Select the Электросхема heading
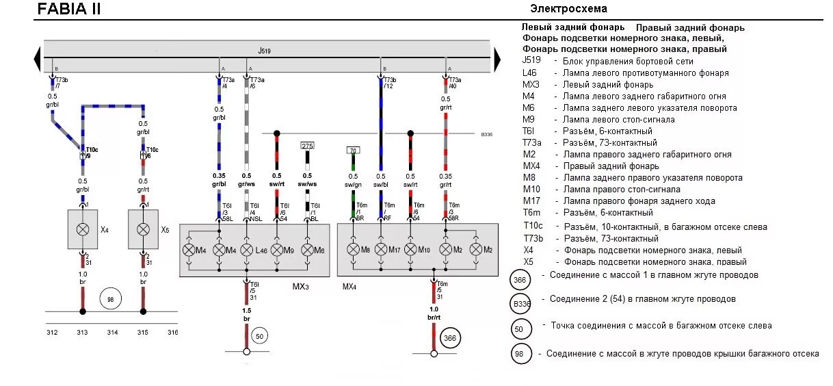568,9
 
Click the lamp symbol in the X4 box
82,229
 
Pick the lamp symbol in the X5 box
143,229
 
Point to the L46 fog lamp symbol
248,250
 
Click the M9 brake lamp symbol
276,250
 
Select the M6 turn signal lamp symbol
306,250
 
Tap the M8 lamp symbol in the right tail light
353,250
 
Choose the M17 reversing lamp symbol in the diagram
381,250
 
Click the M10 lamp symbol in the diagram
410,250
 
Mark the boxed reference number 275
307,146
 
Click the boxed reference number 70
353,150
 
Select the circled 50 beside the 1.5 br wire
259,336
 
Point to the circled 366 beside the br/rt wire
449,338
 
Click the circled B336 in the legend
521,304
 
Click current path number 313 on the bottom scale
82,333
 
